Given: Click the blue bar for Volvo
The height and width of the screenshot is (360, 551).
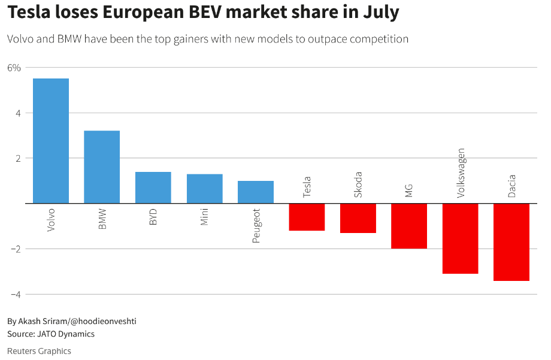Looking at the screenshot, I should coord(51,141).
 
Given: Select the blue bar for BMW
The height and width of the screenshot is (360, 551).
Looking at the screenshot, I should coord(102,167).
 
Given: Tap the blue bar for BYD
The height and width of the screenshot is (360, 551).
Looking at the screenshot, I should coord(153,187).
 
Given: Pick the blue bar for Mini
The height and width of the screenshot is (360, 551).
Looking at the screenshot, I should coord(205,189).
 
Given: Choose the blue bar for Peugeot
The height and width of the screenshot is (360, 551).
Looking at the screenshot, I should coord(256,192).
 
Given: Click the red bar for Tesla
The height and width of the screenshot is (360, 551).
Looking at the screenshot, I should coord(307,217).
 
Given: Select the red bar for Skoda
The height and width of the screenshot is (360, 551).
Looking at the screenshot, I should coord(358,218).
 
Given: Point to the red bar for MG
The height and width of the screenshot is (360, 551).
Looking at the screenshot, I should coord(409,226).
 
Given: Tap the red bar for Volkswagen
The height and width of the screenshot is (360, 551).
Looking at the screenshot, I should coord(461,238).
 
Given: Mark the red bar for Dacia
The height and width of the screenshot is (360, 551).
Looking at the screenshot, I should coord(511,242).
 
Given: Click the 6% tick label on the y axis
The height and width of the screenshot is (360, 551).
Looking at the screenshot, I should coord(14,68).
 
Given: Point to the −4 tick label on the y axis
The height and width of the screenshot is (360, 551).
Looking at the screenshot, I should coord(16,294).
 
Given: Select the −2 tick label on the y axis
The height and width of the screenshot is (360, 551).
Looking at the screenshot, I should coord(16,249).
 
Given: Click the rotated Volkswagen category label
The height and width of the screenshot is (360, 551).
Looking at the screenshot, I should coord(461,173).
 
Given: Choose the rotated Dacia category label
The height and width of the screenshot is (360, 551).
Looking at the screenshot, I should coord(512,186).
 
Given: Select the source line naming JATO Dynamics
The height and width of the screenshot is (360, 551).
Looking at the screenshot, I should coord(51,334).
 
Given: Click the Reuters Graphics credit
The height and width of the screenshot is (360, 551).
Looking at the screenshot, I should coord(39,351).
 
